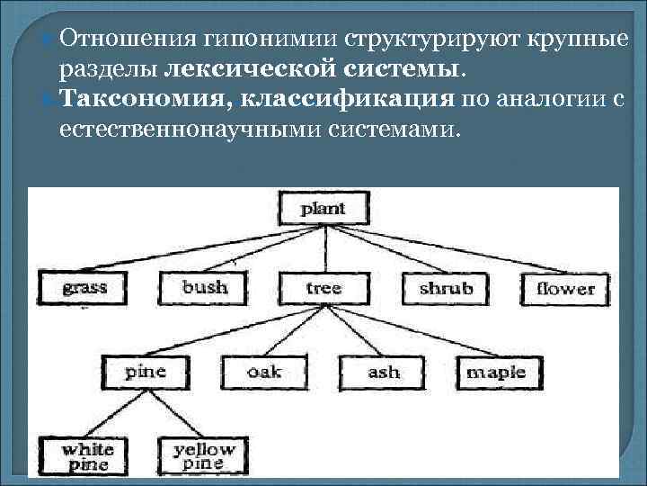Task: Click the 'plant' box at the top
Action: point(323,209)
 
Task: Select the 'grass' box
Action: point(84,288)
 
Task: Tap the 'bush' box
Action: point(205,288)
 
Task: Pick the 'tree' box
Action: point(323,288)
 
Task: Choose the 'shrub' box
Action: point(446,288)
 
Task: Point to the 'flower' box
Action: point(565,288)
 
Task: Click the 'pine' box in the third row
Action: point(145,371)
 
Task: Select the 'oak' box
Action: point(264,371)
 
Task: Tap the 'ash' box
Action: point(384,371)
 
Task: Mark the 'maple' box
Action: point(502,371)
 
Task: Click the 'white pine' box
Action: point(86,456)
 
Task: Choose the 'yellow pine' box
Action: point(203,456)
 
